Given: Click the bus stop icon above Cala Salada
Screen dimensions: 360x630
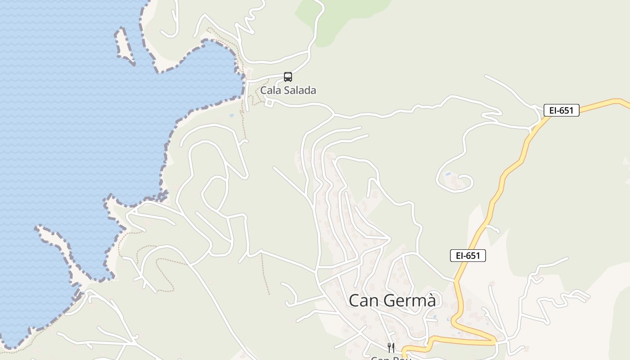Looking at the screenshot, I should coord(288,77).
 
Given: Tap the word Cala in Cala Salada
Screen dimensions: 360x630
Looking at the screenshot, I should coord(270,90).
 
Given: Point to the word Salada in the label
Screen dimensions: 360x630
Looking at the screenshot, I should coord(300,90).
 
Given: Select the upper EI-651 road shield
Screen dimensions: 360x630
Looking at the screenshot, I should coord(561,110).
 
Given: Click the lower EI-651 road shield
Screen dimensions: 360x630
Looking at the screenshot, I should coord(468,256).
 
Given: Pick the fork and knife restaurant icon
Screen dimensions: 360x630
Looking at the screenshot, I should coord(391,347).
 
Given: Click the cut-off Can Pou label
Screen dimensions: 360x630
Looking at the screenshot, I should coord(391,358).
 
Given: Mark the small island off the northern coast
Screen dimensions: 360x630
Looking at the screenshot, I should coord(124,45).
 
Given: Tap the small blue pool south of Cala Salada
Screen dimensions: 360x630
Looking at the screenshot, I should coord(232,116).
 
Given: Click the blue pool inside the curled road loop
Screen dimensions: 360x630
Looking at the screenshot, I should coord(448,173).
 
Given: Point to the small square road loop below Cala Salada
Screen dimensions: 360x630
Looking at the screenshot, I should coord(270,104).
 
